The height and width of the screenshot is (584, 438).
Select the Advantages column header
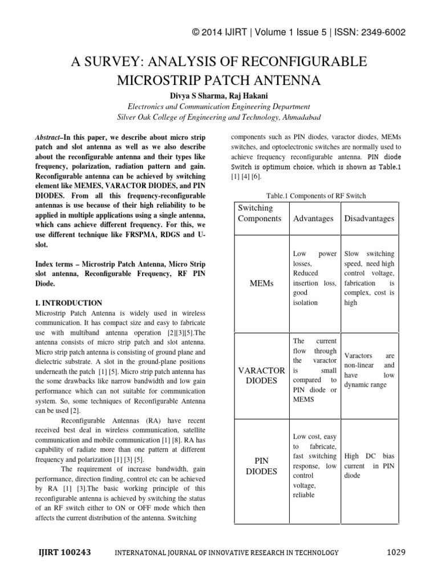pyautogui.click(x=314, y=218)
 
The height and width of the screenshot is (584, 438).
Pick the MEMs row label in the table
pyautogui.click(x=262, y=283)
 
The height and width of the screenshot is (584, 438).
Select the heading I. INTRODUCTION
pyautogui.click(x=69, y=303)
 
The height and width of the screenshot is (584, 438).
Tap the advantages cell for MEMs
pyautogui.click(x=314, y=278)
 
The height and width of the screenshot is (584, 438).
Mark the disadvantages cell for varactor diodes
pyautogui.click(x=369, y=370)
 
